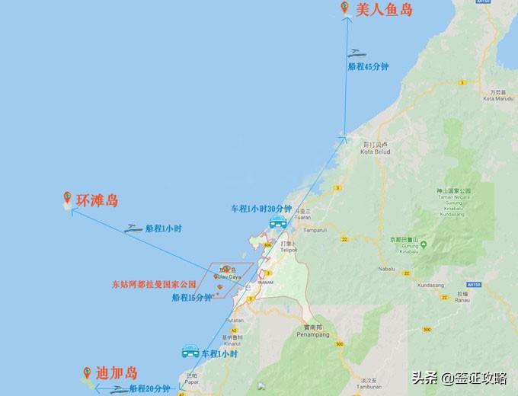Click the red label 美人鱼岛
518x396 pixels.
[x=385, y=10]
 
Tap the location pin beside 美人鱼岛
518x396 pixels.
[x=345, y=8]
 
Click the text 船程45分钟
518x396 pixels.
[x=368, y=67]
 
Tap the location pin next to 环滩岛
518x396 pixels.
[x=67, y=198]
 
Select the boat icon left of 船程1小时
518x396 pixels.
[x=134, y=228]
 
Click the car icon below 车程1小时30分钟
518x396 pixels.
[x=278, y=222]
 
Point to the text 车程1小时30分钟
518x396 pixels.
[x=261, y=209]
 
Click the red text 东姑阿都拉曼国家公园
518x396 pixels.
[x=154, y=285]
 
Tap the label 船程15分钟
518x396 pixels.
[x=192, y=298]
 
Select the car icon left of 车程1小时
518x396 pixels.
[x=190, y=352]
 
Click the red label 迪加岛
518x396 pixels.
[x=117, y=373]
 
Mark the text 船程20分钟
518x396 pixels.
[x=149, y=388]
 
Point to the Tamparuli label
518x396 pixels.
[x=315, y=229]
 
